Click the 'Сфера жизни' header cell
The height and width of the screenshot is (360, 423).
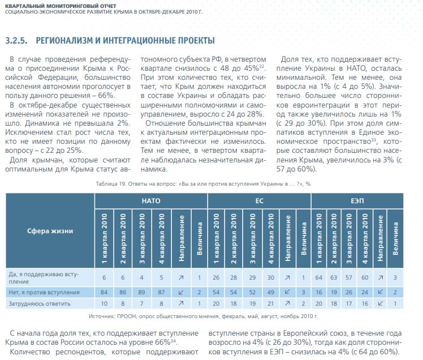point(50,230)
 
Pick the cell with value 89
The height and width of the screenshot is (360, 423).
point(142,292)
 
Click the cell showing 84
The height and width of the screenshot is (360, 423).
point(104,292)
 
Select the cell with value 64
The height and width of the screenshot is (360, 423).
point(318,277)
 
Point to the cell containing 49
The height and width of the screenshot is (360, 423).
point(270,292)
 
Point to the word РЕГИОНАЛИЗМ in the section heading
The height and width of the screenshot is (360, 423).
point(68,40)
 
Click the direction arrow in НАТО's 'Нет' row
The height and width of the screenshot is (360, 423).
point(181,292)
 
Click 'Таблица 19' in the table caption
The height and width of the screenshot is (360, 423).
point(113,183)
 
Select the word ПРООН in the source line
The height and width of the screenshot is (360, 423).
point(137,316)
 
